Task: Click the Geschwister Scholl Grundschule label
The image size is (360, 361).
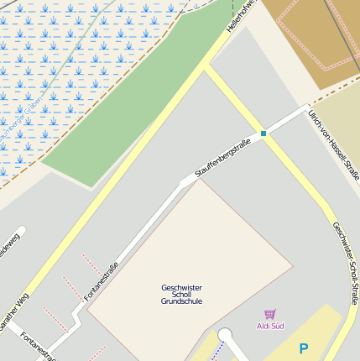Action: [x=181, y=294]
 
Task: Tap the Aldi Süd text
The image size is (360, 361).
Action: [x=270, y=325]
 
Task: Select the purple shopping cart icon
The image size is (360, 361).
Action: [x=270, y=314]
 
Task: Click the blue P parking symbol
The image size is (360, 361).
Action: [x=303, y=348]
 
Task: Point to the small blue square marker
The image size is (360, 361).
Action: [x=263, y=133]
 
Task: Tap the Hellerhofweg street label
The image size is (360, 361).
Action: [x=240, y=17]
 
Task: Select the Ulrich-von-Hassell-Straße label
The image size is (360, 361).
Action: [x=333, y=151]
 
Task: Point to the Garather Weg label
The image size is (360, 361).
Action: [x=14, y=313]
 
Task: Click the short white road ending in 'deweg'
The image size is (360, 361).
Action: [x=10, y=243]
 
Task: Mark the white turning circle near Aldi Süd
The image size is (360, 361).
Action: [x=224, y=336]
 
